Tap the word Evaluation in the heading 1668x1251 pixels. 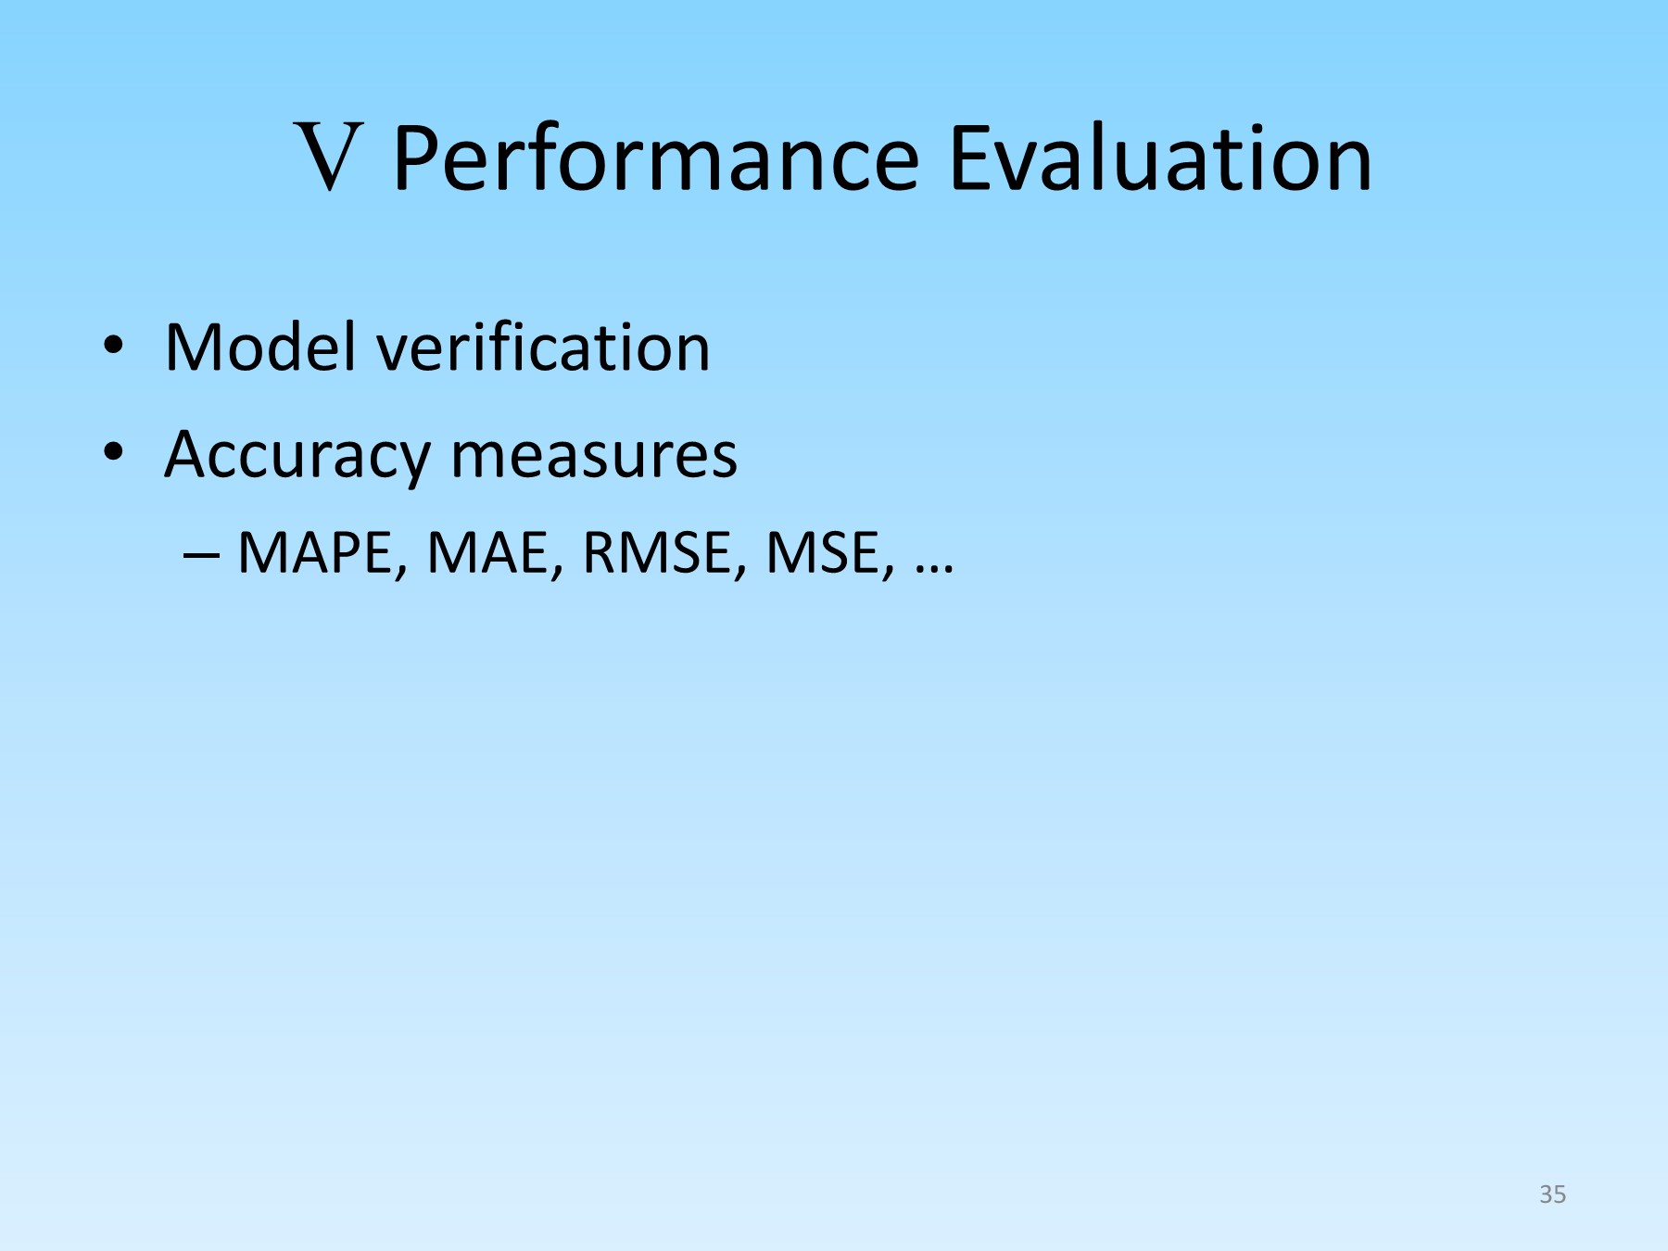tap(1160, 158)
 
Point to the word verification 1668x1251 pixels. tap(543, 347)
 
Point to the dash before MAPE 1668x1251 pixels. tap(201, 556)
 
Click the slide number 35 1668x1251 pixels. tap(1552, 1194)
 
